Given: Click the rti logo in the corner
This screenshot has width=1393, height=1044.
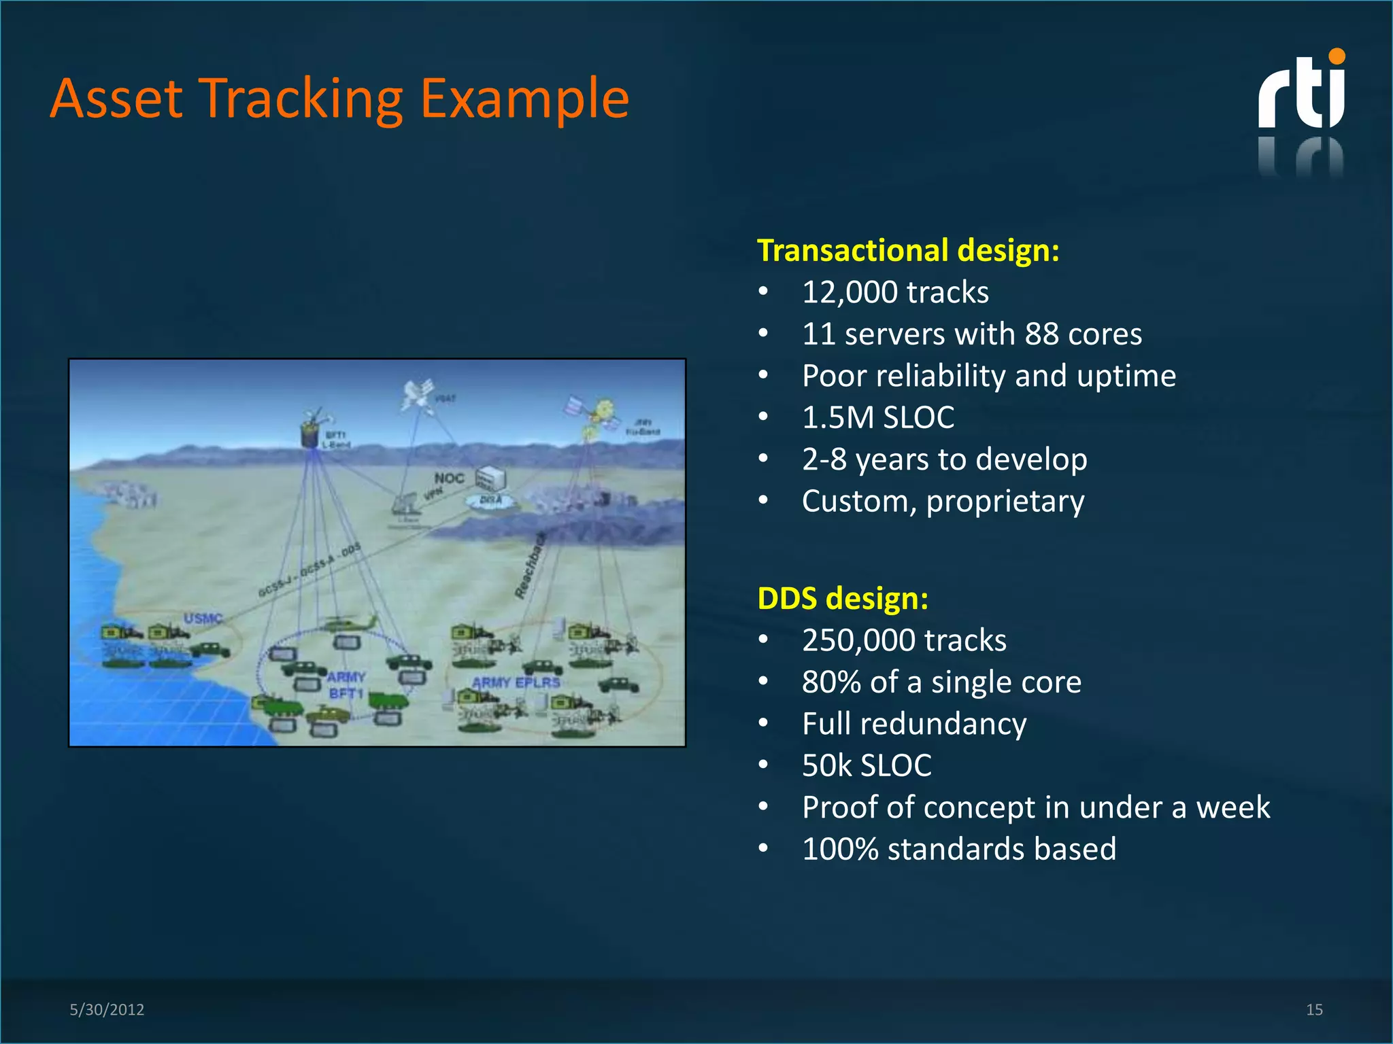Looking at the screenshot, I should pos(1300,92).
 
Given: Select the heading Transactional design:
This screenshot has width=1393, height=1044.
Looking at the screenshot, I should pos(908,250).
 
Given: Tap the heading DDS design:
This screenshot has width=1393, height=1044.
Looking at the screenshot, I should pos(843,598).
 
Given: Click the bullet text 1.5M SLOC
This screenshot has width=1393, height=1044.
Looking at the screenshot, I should pos(877,417).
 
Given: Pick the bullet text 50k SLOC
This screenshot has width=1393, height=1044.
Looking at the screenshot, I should pos(866,765).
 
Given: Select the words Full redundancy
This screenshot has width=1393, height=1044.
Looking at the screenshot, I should pos(913,724).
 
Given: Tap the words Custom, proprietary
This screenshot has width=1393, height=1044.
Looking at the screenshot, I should pos(943,502).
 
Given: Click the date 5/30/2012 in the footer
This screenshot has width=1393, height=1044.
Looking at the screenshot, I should pos(107,1009).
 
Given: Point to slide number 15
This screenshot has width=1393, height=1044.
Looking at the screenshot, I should pos(1314,1009).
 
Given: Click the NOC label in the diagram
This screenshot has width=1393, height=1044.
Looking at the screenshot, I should pos(449,478).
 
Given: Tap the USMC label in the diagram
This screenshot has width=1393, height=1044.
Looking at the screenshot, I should pos(203,618).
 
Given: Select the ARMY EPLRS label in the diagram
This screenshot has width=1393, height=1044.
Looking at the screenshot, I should pos(516,682).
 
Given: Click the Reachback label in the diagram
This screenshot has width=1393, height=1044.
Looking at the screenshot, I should pos(530,566).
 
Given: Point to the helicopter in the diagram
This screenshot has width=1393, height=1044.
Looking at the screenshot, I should pos(350,623).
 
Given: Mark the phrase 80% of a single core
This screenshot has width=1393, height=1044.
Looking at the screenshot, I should pos(941,682).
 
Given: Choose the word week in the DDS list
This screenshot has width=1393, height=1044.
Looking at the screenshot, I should pos(1232,807).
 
